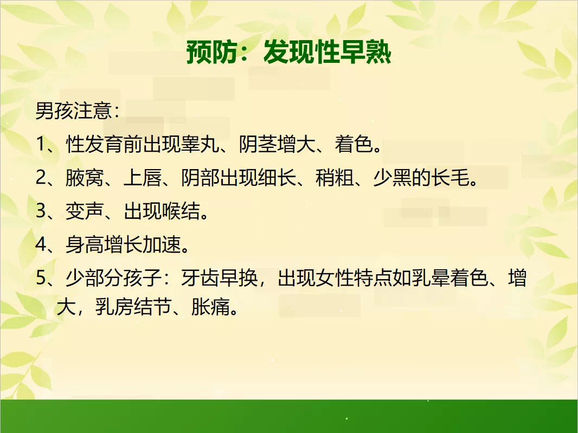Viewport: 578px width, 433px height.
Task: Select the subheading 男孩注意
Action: tap(74, 110)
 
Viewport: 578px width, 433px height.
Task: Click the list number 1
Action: tap(40, 144)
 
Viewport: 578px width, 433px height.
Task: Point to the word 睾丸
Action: tap(200, 144)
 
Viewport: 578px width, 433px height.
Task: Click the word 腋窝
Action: tap(85, 177)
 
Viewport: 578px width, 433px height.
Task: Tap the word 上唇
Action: tap(143, 177)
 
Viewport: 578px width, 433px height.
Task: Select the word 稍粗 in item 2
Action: tap(335, 177)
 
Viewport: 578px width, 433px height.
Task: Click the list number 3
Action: tap(40, 211)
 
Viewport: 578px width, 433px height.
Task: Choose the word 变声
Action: tap(85, 211)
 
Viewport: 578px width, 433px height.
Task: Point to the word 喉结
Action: tap(181, 211)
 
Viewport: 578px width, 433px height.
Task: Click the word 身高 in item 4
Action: tap(85, 244)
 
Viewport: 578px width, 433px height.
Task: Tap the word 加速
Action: tap(162, 244)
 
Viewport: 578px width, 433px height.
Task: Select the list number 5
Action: tap(40, 278)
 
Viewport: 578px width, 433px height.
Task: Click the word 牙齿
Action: tap(200, 278)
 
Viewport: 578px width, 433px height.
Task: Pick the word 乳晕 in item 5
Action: tap(431, 278)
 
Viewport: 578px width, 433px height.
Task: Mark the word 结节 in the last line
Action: tap(152, 307)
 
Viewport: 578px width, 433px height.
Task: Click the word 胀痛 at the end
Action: tap(210, 307)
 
